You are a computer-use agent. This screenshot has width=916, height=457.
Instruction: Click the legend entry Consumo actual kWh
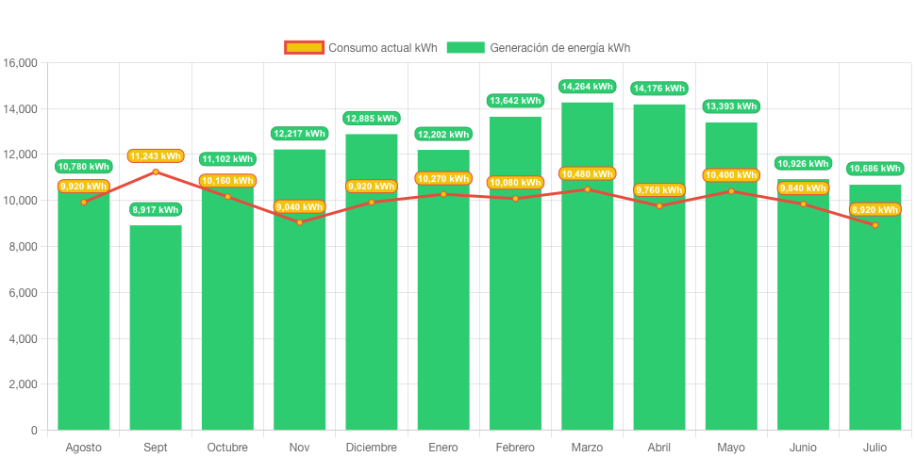point(360,48)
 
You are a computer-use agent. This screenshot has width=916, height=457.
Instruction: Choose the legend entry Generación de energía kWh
point(538,48)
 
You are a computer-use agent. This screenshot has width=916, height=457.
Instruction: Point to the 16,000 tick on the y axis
point(20,63)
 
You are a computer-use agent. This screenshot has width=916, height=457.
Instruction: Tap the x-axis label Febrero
point(515,447)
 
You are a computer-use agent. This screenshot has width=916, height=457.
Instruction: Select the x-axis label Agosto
point(84,447)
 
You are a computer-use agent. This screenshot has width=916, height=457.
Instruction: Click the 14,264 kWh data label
point(587,87)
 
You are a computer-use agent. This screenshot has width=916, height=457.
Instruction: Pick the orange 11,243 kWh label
point(156,156)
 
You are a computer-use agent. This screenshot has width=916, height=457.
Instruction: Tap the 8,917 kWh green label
point(156,210)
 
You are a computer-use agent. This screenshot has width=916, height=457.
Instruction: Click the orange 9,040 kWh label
point(299,207)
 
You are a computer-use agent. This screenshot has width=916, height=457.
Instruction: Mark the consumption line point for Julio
point(874,225)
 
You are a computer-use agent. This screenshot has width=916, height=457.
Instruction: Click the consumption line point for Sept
point(156,171)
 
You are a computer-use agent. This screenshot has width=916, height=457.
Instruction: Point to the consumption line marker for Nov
point(299,222)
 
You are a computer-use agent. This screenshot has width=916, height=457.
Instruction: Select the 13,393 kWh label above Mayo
point(731,106)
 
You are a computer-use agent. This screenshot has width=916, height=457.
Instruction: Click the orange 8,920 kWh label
point(874,210)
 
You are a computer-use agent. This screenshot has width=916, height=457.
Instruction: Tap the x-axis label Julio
point(874,447)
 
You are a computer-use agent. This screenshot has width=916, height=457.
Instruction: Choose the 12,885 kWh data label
point(372,119)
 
